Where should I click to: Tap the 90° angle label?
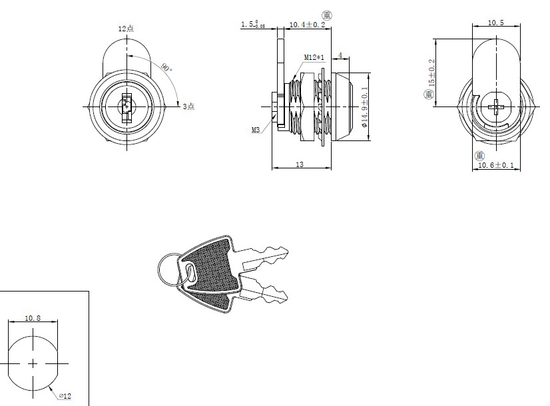165,67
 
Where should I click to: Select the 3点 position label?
188,106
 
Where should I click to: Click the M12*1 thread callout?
314,58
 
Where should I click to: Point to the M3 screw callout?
256,130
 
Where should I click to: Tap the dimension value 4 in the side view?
340,55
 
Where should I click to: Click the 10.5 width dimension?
495,23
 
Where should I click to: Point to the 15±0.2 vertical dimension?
431,73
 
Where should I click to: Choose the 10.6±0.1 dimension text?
496,165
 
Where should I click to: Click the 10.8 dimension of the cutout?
33,318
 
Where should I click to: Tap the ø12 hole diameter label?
65,396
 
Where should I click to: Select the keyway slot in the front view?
126,106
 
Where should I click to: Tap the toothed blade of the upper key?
266,257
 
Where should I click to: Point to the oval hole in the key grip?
189,273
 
